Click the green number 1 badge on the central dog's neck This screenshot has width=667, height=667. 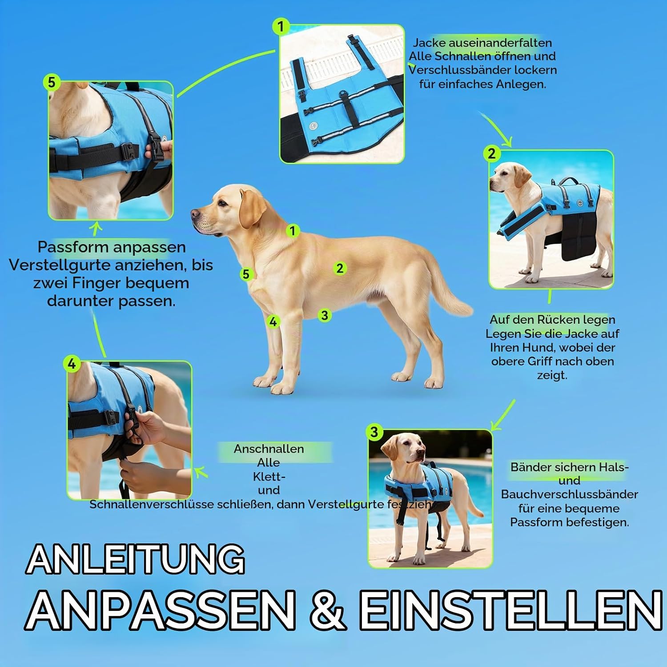coord(292,231)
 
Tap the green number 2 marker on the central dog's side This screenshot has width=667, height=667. coord(340,268)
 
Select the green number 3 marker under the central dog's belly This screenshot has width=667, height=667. coord(325,315)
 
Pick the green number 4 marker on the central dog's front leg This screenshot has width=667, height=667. coord(273,321)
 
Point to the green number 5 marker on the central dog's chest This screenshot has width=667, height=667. coord(246,274)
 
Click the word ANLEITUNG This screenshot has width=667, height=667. coord(136,559)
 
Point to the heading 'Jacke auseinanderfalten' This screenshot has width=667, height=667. coord(482,43)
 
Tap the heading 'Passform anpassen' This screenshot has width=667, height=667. coord(112,247)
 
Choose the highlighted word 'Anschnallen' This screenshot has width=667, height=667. coord(269,449)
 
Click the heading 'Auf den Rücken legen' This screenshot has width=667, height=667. coord(552,319)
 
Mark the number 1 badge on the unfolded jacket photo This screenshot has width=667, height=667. coord(281,27)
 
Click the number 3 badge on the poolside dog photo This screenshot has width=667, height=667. coord(374,432)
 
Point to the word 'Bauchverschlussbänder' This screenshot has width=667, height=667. coord(570,494)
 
